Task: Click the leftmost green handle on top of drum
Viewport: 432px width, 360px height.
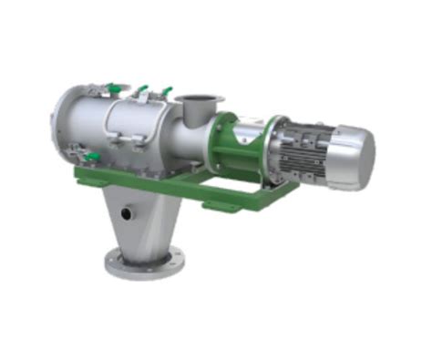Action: coord(113,88)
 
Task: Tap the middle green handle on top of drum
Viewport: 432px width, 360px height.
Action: coord(142,91)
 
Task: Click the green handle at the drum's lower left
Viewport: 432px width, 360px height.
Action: coord(91,158)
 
